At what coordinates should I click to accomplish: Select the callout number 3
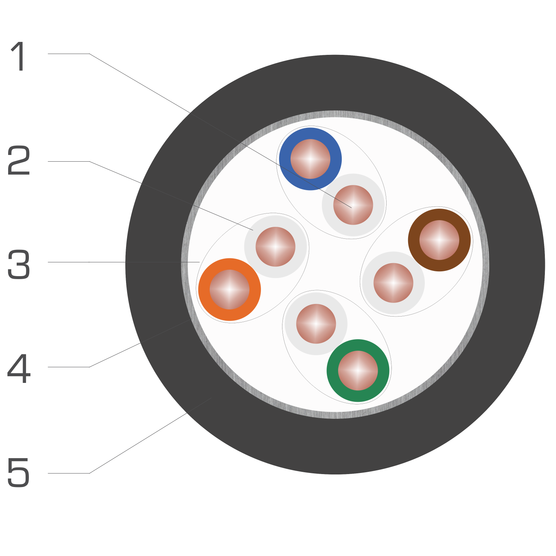point(19,264)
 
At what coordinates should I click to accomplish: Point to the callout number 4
point(19,368)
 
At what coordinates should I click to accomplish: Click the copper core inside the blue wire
point(310,159)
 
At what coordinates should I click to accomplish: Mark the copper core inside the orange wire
point(229,289)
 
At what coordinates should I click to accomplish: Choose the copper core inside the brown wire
point(439,240)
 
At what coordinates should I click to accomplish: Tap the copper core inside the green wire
point(358,371)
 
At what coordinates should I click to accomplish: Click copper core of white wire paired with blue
point(353,205)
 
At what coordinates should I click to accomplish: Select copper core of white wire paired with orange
point(275,246)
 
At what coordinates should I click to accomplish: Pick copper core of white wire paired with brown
point(393,283)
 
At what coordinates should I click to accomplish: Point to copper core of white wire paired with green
point(316,324)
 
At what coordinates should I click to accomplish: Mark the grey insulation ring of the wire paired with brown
point(368,283)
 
